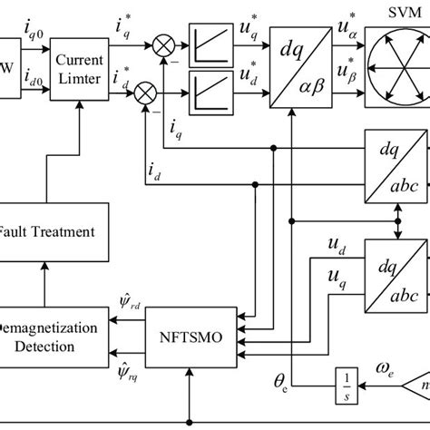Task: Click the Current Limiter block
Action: pos(79,66)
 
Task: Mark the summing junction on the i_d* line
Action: pos(144,93)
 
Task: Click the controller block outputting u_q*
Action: pos(210,43)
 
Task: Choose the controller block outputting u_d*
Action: pos(210,93)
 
